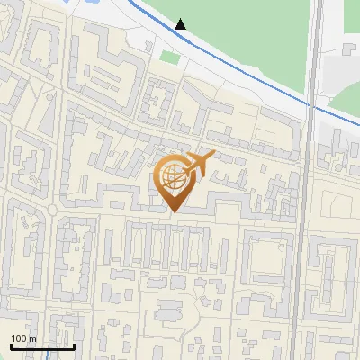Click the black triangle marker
[181, 24]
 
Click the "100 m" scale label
[23, 338]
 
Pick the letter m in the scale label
[32, 338]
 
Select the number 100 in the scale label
[18, 338]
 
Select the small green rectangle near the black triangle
[170, 58]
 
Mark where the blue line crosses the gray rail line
[313, 107]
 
